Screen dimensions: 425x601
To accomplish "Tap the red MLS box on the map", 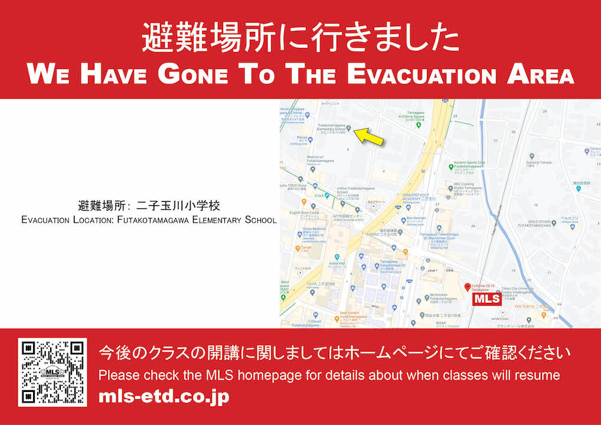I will (x=488, y=299).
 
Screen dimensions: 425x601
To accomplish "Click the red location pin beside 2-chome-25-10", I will (x=468, y=287).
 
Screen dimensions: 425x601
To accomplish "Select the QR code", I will (x=53, y=372).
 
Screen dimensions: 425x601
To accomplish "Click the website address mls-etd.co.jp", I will (x=164, y=397).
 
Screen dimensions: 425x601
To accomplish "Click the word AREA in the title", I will (x=540, y=76).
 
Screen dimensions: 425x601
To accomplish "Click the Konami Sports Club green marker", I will (x=452, y=167).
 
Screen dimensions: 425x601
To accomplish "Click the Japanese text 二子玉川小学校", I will (x=181, y=206).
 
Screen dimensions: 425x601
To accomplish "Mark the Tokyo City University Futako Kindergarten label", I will (x=520, y=292).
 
